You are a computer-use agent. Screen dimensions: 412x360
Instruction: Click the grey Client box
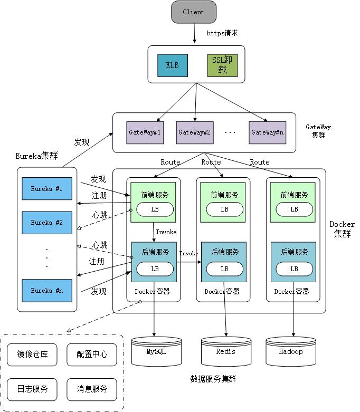click(x=194, y=12)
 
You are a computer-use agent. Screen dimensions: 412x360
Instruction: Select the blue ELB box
click(x=172, y=65)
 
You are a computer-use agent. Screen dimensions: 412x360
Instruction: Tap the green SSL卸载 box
click(x=222, y=65)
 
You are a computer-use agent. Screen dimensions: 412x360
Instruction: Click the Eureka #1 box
click(x=46, y=188)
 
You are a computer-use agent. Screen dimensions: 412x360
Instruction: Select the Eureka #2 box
click(x=46, y=223)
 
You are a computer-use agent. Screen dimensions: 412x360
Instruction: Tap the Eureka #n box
click(x=46, y=291)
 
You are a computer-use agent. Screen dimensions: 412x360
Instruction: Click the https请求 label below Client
click(x=222, y=33)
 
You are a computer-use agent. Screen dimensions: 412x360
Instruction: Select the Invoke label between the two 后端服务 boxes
click(x=188, y=254)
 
